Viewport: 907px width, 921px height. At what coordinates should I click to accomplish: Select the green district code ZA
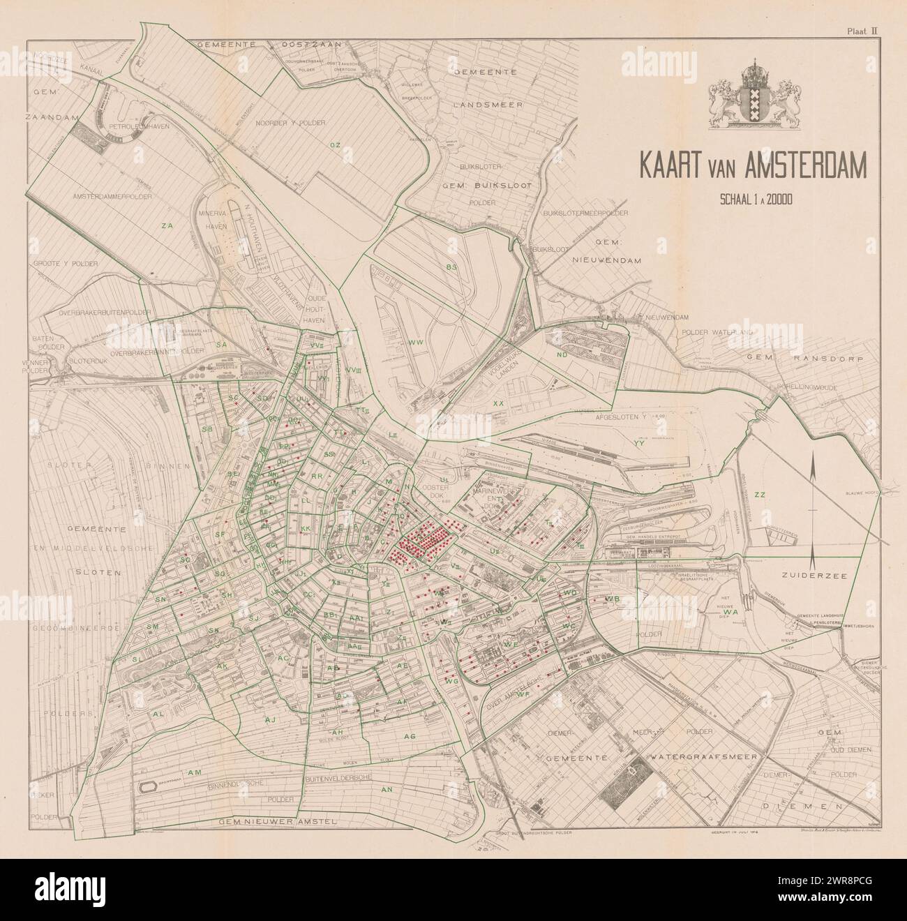click(167, 225)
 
